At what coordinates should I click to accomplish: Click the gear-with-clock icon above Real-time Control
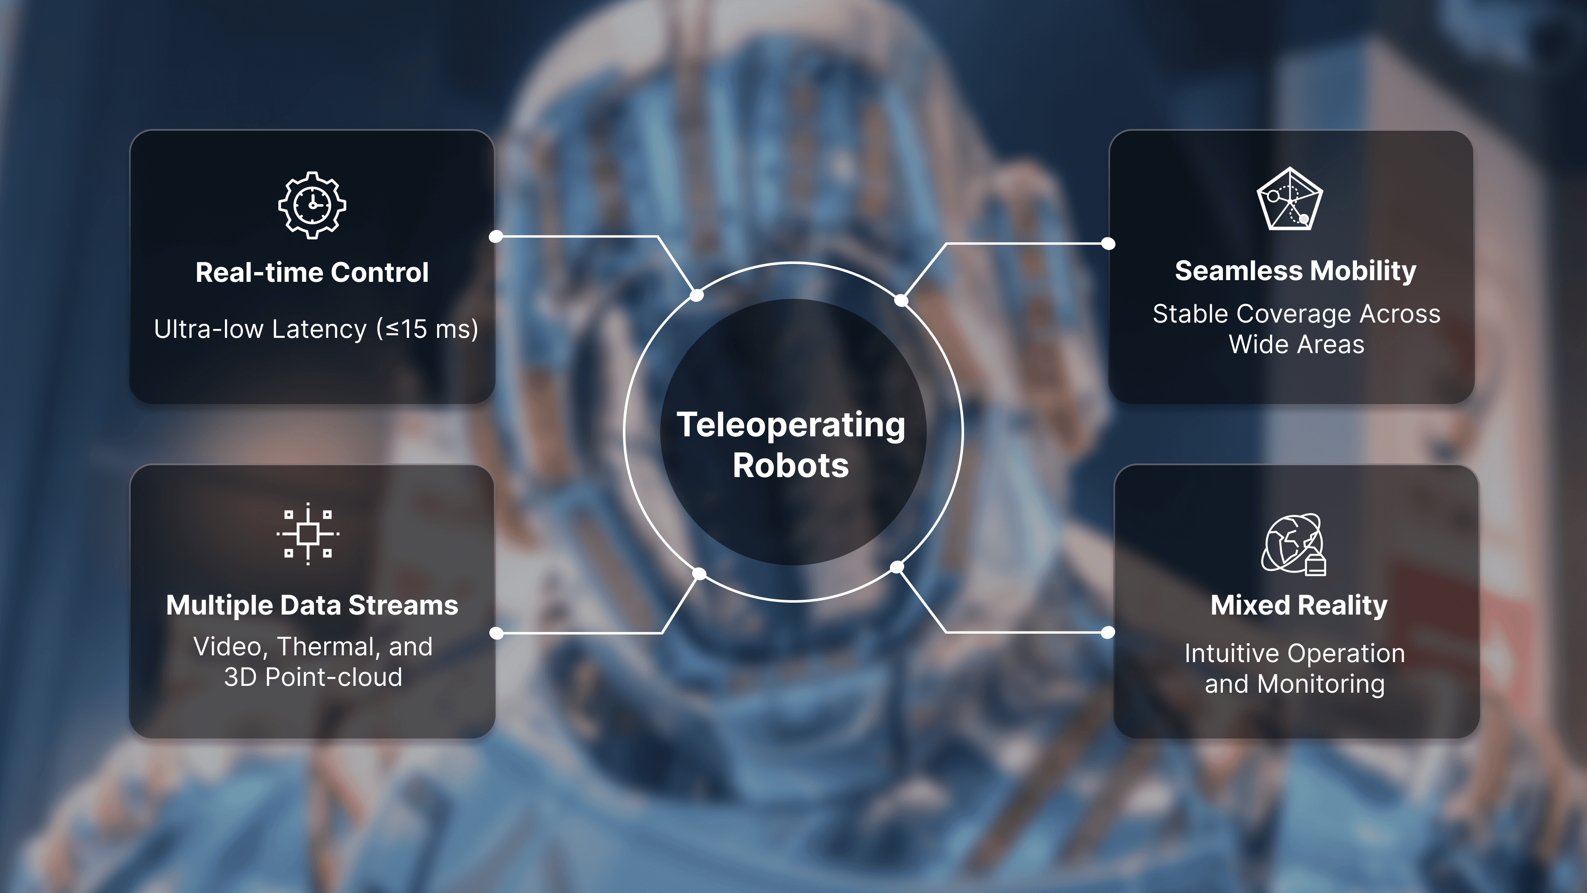tap(312, 205)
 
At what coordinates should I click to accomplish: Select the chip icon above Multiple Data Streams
tap(308, 534)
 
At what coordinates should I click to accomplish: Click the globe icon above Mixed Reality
tap(1293, 544)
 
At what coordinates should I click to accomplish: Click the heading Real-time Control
tap(312, 272)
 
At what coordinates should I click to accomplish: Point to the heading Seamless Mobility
tap(1295, 270)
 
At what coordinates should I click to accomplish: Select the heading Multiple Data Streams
tap(312, 605)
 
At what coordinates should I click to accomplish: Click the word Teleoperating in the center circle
tap(791, 425)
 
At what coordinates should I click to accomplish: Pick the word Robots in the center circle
tap(791, 465)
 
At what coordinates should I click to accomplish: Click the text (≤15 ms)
tap(427, 329)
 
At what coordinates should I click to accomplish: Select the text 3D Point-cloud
tap(313, 677)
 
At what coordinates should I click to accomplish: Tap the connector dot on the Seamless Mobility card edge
tap(1108, 244)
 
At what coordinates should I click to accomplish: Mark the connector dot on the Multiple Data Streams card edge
tap(496, 633)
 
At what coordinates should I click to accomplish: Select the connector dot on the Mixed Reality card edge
tap(1108, 632)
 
